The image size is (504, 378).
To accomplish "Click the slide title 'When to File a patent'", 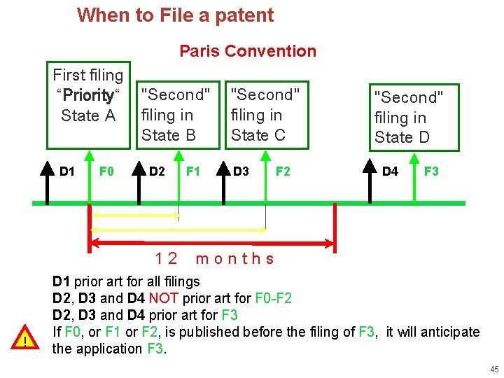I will point(175,15).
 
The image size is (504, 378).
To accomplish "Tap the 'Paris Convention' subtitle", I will point(248,51).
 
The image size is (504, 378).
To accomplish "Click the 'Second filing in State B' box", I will point(176,115).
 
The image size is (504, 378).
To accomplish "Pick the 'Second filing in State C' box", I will point(265,115).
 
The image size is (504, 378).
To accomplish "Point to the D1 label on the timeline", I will point(67,171).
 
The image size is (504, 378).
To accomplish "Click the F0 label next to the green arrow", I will point(107,171).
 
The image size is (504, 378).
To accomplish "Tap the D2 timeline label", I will point(157,171).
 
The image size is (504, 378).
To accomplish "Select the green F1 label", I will point(193,171).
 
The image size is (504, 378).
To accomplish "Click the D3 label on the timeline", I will point(241,171).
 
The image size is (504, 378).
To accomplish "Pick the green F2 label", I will point(283,171).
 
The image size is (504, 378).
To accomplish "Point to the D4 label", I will point(390,171).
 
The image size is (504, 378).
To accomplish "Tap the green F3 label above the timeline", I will point(432,171).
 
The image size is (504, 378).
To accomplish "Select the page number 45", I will point(493,370).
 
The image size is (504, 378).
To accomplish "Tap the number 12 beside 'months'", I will point(167,258).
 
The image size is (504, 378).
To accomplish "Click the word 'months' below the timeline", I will point(235,258).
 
